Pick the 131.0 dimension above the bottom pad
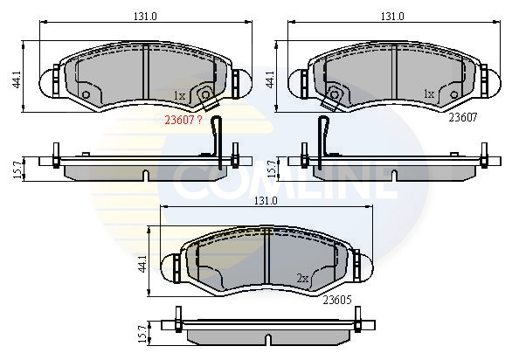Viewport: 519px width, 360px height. click(265, 201)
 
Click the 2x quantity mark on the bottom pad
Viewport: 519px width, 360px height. click(303, 279)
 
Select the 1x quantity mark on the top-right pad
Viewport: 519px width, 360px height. click(428, 93)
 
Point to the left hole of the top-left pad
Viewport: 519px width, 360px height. click(86, 94)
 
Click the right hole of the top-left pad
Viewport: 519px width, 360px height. click(204, 94)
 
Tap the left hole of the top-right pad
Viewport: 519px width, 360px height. click(333, 94)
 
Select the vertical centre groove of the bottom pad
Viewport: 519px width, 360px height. click(266, 258)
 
